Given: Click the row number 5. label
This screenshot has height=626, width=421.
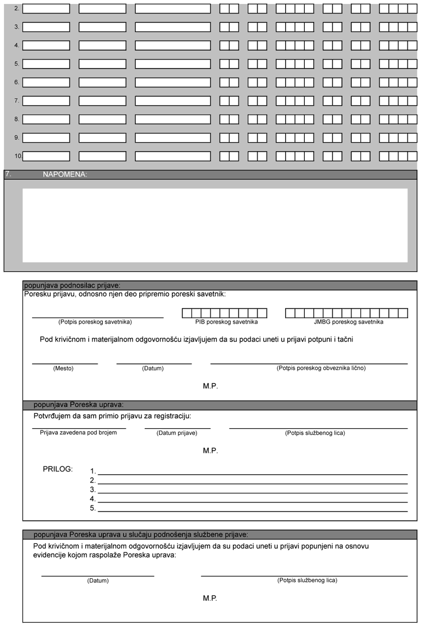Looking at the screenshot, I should coord(17,64).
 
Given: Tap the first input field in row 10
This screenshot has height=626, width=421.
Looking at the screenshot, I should coord(47,156).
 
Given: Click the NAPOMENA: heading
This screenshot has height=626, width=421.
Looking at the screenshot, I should coord(65,175).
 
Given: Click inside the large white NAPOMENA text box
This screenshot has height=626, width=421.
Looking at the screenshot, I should coord(215,225).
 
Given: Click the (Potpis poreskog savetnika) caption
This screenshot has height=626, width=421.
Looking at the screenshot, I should coord(95,322).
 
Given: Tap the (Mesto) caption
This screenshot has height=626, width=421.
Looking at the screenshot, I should coord(63,369).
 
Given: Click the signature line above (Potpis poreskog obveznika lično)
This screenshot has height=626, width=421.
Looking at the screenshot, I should coord(309,364).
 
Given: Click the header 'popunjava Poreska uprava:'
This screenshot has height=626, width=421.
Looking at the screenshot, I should coord(79,405).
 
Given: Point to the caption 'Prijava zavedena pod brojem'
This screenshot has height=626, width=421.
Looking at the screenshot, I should coord(79,433).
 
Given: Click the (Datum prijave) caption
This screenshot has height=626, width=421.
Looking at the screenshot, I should coord(176,433).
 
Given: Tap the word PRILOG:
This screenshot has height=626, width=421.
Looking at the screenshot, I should coord(58,469).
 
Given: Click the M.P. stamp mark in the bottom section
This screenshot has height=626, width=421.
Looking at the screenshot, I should coord(210,598).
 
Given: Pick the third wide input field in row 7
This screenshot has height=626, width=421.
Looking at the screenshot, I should coord(173,101).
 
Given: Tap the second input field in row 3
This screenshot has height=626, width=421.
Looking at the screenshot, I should coord(103,27).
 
